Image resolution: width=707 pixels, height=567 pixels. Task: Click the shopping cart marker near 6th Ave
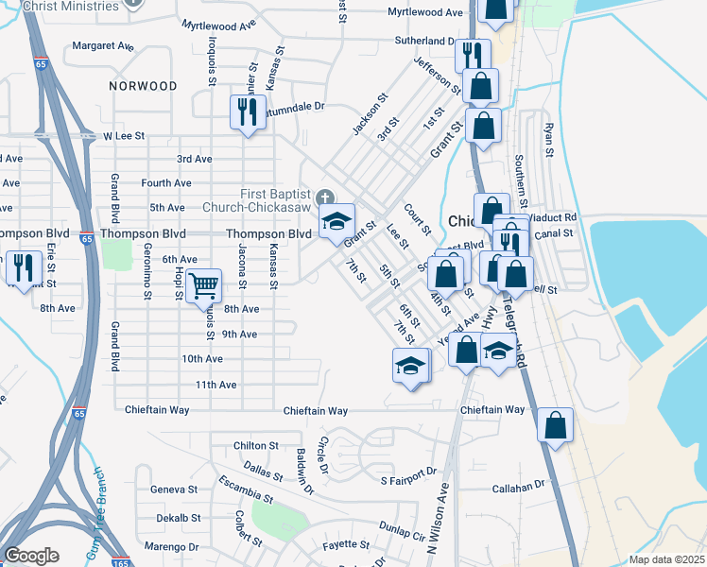(x=203, y=283)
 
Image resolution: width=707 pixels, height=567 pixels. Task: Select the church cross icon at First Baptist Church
(x=324, y=198)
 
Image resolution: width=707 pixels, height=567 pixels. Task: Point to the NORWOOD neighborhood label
(x=143, y=86)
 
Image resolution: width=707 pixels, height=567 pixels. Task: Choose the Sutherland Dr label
(x=424, y=42)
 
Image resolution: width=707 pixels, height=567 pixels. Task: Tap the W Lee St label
(x=124, y=136)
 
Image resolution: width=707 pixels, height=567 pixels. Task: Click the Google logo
(x=31, y=555)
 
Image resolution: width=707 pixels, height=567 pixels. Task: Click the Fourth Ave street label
(x=165, y=183)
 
